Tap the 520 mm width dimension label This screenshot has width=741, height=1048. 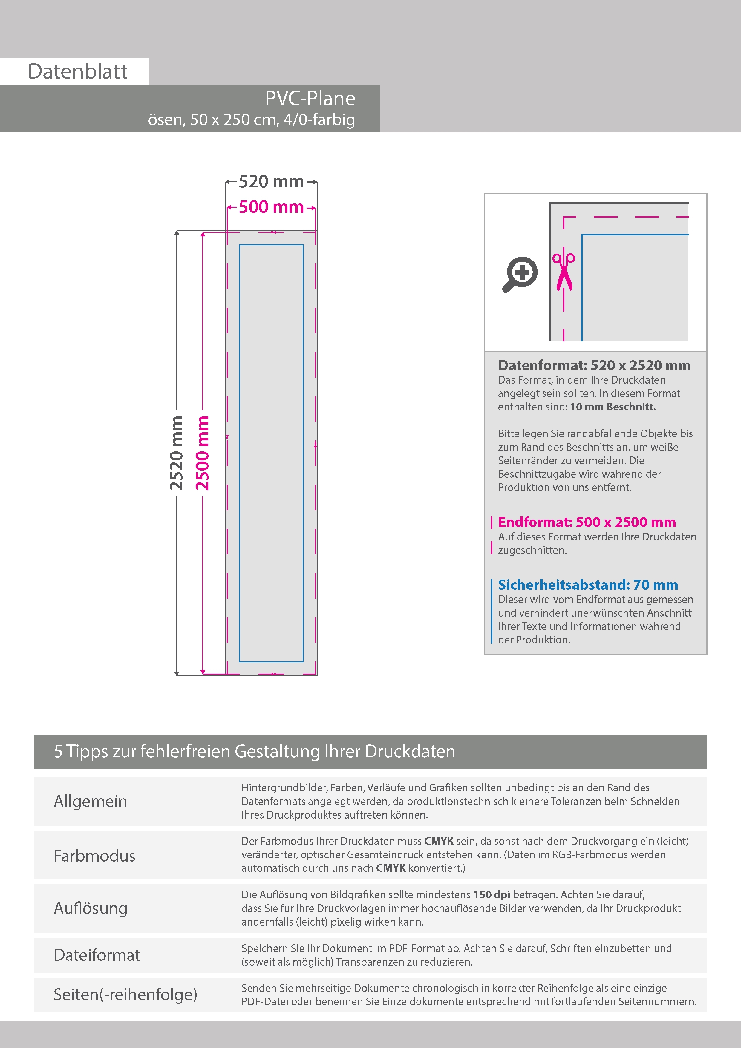271,182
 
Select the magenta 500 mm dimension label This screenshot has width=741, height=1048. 271,207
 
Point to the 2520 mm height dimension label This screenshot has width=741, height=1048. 176,453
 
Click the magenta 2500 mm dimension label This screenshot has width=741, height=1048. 202,453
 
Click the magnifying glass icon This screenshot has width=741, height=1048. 520,274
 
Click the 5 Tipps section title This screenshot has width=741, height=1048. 254,751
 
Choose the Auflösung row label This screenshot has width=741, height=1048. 91,908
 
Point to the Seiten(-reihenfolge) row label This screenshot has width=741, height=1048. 125,994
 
